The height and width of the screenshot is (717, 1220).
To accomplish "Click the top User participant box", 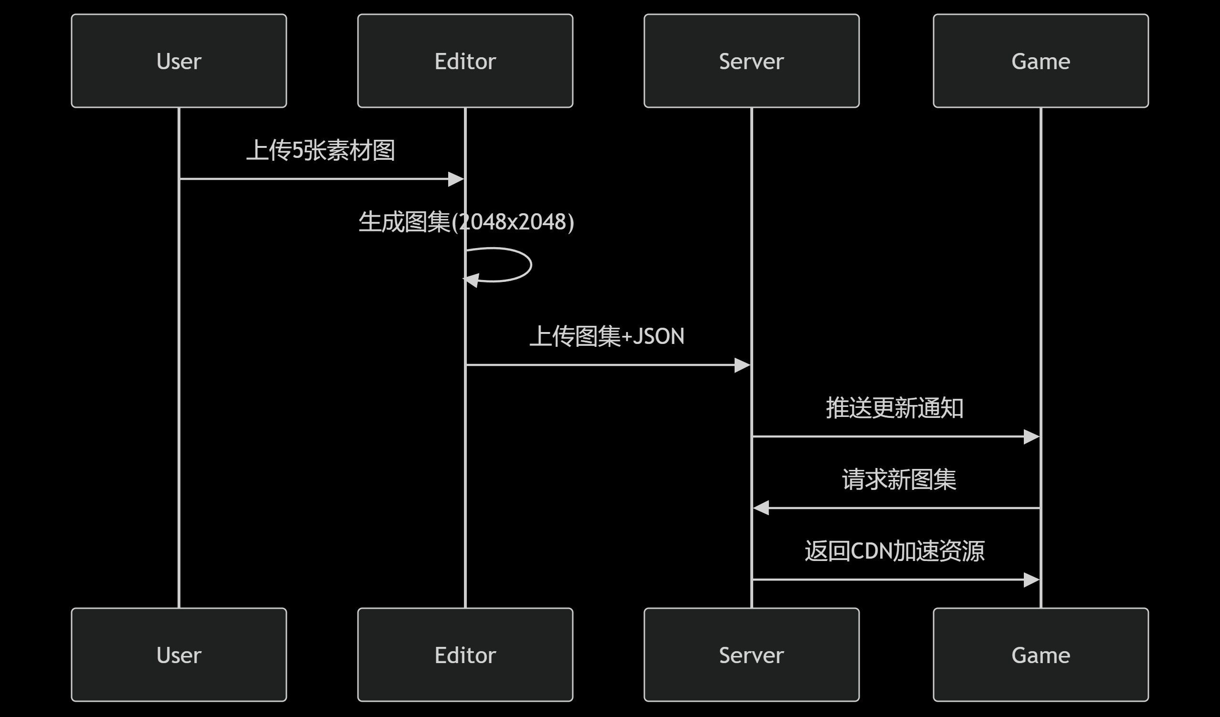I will click(179, 61).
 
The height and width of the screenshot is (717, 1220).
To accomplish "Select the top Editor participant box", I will click(465, 61).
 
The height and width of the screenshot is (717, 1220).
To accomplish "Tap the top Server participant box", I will click(751, 61).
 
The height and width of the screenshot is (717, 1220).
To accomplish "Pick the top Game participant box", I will click(1041, 61).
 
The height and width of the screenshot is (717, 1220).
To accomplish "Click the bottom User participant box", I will click(179, 655).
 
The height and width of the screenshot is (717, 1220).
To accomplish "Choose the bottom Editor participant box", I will click(465, 655).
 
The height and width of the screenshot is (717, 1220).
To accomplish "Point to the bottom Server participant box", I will click(751, 655).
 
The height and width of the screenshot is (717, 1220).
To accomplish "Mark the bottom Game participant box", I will click(1041, 655).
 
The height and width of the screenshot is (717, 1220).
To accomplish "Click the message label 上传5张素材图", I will click(320, 150).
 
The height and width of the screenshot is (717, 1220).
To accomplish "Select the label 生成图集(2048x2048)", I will click(466, 222).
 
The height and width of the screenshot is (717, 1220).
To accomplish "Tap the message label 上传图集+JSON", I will click(607, 336).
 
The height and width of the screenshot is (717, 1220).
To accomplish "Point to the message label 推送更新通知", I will click(894, 408).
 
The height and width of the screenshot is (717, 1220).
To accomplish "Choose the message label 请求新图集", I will click(899, 479).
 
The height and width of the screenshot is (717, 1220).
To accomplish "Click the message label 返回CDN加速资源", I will click(894, 551).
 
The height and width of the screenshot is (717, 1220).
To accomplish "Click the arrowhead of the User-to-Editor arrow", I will click(456, 179).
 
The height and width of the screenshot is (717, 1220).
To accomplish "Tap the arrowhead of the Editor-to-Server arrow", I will click(742, 365).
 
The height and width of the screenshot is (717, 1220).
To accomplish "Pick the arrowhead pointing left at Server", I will click(761, 508).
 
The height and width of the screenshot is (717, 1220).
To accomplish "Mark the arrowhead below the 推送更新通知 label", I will click(1031, 437).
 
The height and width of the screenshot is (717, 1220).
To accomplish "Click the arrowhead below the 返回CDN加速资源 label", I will click(1031, 580).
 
